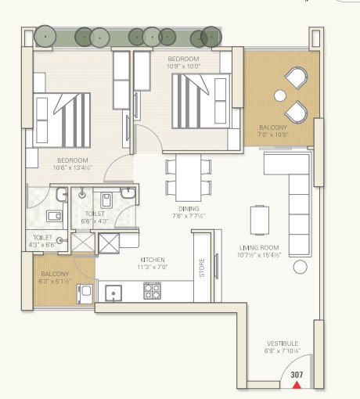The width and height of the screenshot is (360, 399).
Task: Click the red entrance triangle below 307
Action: click(x=297, y=385)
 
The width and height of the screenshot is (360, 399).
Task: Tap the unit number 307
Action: click(x=297, y=375)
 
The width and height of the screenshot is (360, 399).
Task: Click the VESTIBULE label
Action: click(x=283, y=343)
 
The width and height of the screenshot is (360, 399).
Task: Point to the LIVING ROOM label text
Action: click(x=259, y=247)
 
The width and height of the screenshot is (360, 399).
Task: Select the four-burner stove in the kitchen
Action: click(x=152, y=291)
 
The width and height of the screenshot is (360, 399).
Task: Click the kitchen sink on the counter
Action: click(x=113, y=293)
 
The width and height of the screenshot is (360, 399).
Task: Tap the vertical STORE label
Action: click(x=202, y=268)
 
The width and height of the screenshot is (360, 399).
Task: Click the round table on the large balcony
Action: click(x=280, y=95)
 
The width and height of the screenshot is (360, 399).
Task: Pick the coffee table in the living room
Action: click(x=260, y=220)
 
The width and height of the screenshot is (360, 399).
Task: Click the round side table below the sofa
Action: click(x=301, y=267)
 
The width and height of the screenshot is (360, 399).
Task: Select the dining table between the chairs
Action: click(x=189, y=178)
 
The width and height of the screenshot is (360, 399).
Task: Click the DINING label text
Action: click(x=189, y=209)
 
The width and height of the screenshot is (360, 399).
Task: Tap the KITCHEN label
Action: click(x=153, y=260)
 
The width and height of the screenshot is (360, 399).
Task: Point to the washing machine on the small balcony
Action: click(x=85, y=294)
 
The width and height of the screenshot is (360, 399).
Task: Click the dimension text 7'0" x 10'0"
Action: click(x=272, y=135)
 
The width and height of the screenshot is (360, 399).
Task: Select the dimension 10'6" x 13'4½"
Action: click(x=73, y=167)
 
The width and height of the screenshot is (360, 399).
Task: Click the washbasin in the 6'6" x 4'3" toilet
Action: click(x=128, y=193)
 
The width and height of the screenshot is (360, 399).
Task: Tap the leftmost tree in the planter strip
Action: click(x=45, y=36)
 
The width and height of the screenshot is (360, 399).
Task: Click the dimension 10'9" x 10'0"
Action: click(x=184, y=66)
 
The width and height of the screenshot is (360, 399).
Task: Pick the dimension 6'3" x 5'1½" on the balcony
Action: click(x=55, y=281)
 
